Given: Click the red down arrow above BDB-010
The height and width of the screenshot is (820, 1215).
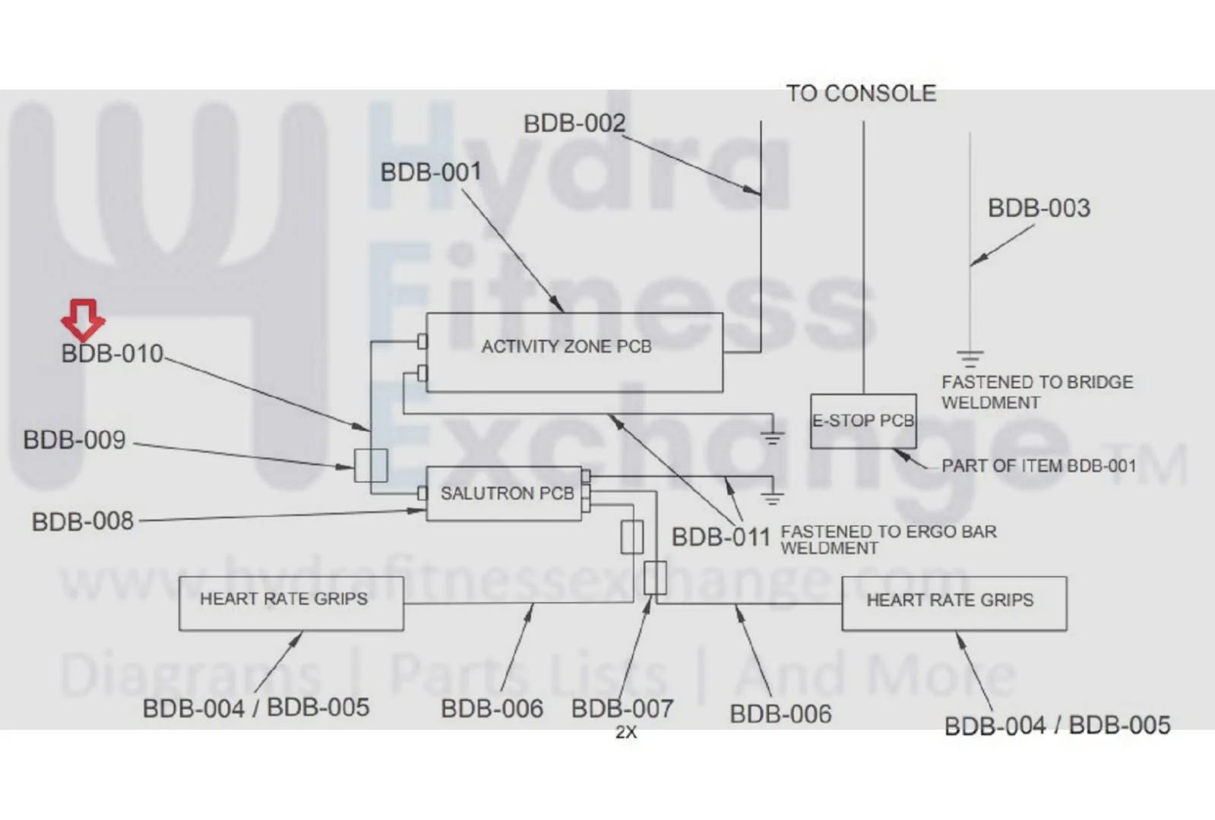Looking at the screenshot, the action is [x=83, y=320].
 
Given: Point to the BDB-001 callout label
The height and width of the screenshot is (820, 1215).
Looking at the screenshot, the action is [x=431, y=172].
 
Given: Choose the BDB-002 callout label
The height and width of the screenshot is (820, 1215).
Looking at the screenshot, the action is [x=574, y=124].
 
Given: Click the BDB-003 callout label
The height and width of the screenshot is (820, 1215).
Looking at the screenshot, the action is [x=1039, y=208].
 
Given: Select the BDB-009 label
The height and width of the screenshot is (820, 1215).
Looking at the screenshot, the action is [x=74, y=440].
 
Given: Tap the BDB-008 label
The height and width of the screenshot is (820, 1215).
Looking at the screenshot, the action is [x=83, y=522].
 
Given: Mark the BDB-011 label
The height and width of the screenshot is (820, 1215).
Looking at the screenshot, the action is [x=721, y=537].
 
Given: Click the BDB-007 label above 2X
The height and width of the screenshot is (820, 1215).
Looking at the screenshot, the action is [x=622, y=709].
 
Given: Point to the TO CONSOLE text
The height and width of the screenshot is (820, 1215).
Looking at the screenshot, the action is [x=862, y=93].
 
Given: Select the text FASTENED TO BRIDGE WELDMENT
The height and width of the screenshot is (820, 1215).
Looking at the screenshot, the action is [x=1037, y=393].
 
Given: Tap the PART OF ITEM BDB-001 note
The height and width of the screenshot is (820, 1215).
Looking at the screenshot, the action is [x=1039, y=466].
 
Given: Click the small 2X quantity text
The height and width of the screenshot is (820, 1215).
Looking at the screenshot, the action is [x=626, y=732].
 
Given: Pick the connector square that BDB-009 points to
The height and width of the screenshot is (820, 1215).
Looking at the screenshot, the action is [x=371, y=465].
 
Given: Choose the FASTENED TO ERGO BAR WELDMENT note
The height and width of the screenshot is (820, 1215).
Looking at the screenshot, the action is [x=888, y=540].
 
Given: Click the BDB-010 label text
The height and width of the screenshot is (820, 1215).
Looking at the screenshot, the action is [x=112, y=353].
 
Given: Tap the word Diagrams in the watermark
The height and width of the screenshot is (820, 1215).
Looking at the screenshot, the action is [x=190, y=675].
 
